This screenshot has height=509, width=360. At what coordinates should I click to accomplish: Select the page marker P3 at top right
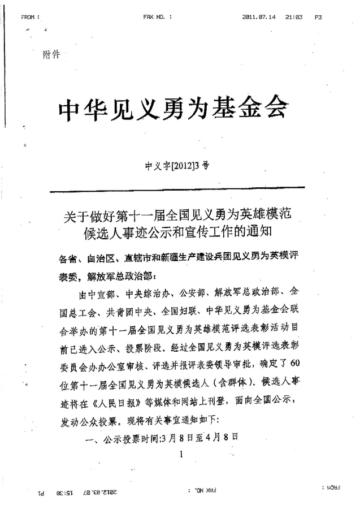[319, 18]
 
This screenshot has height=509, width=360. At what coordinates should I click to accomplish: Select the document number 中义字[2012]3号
[177, 166]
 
